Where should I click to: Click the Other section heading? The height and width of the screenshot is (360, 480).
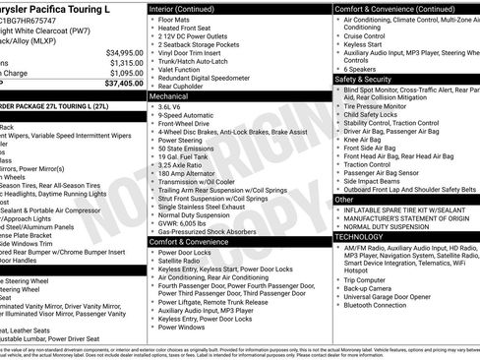point(344,199)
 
